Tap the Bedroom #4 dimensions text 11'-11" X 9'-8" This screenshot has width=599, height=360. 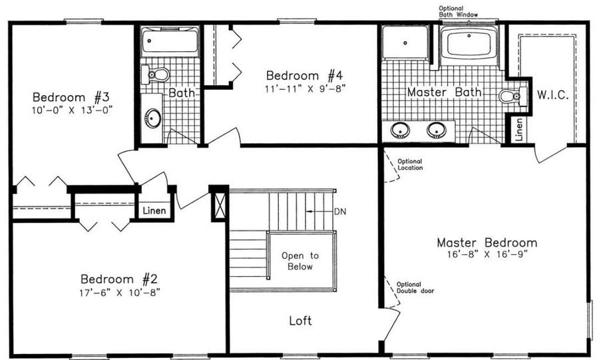point(306,87)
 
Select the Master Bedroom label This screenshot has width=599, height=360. point(487,242)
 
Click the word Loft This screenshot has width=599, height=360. point(300,320)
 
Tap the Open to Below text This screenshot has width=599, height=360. point(299,261)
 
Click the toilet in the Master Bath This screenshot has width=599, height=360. point(511,97)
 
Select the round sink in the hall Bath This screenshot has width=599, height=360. point(153,119)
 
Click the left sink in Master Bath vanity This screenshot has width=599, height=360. point(401,129)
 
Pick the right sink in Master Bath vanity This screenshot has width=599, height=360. point(436,129)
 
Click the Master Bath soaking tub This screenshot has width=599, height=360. point(468,44)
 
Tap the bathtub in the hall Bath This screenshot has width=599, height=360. point(170,41)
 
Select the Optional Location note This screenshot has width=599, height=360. point(409,164)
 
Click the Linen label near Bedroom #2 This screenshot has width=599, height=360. point(154,211)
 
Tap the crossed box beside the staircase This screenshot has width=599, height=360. point(218,204)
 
